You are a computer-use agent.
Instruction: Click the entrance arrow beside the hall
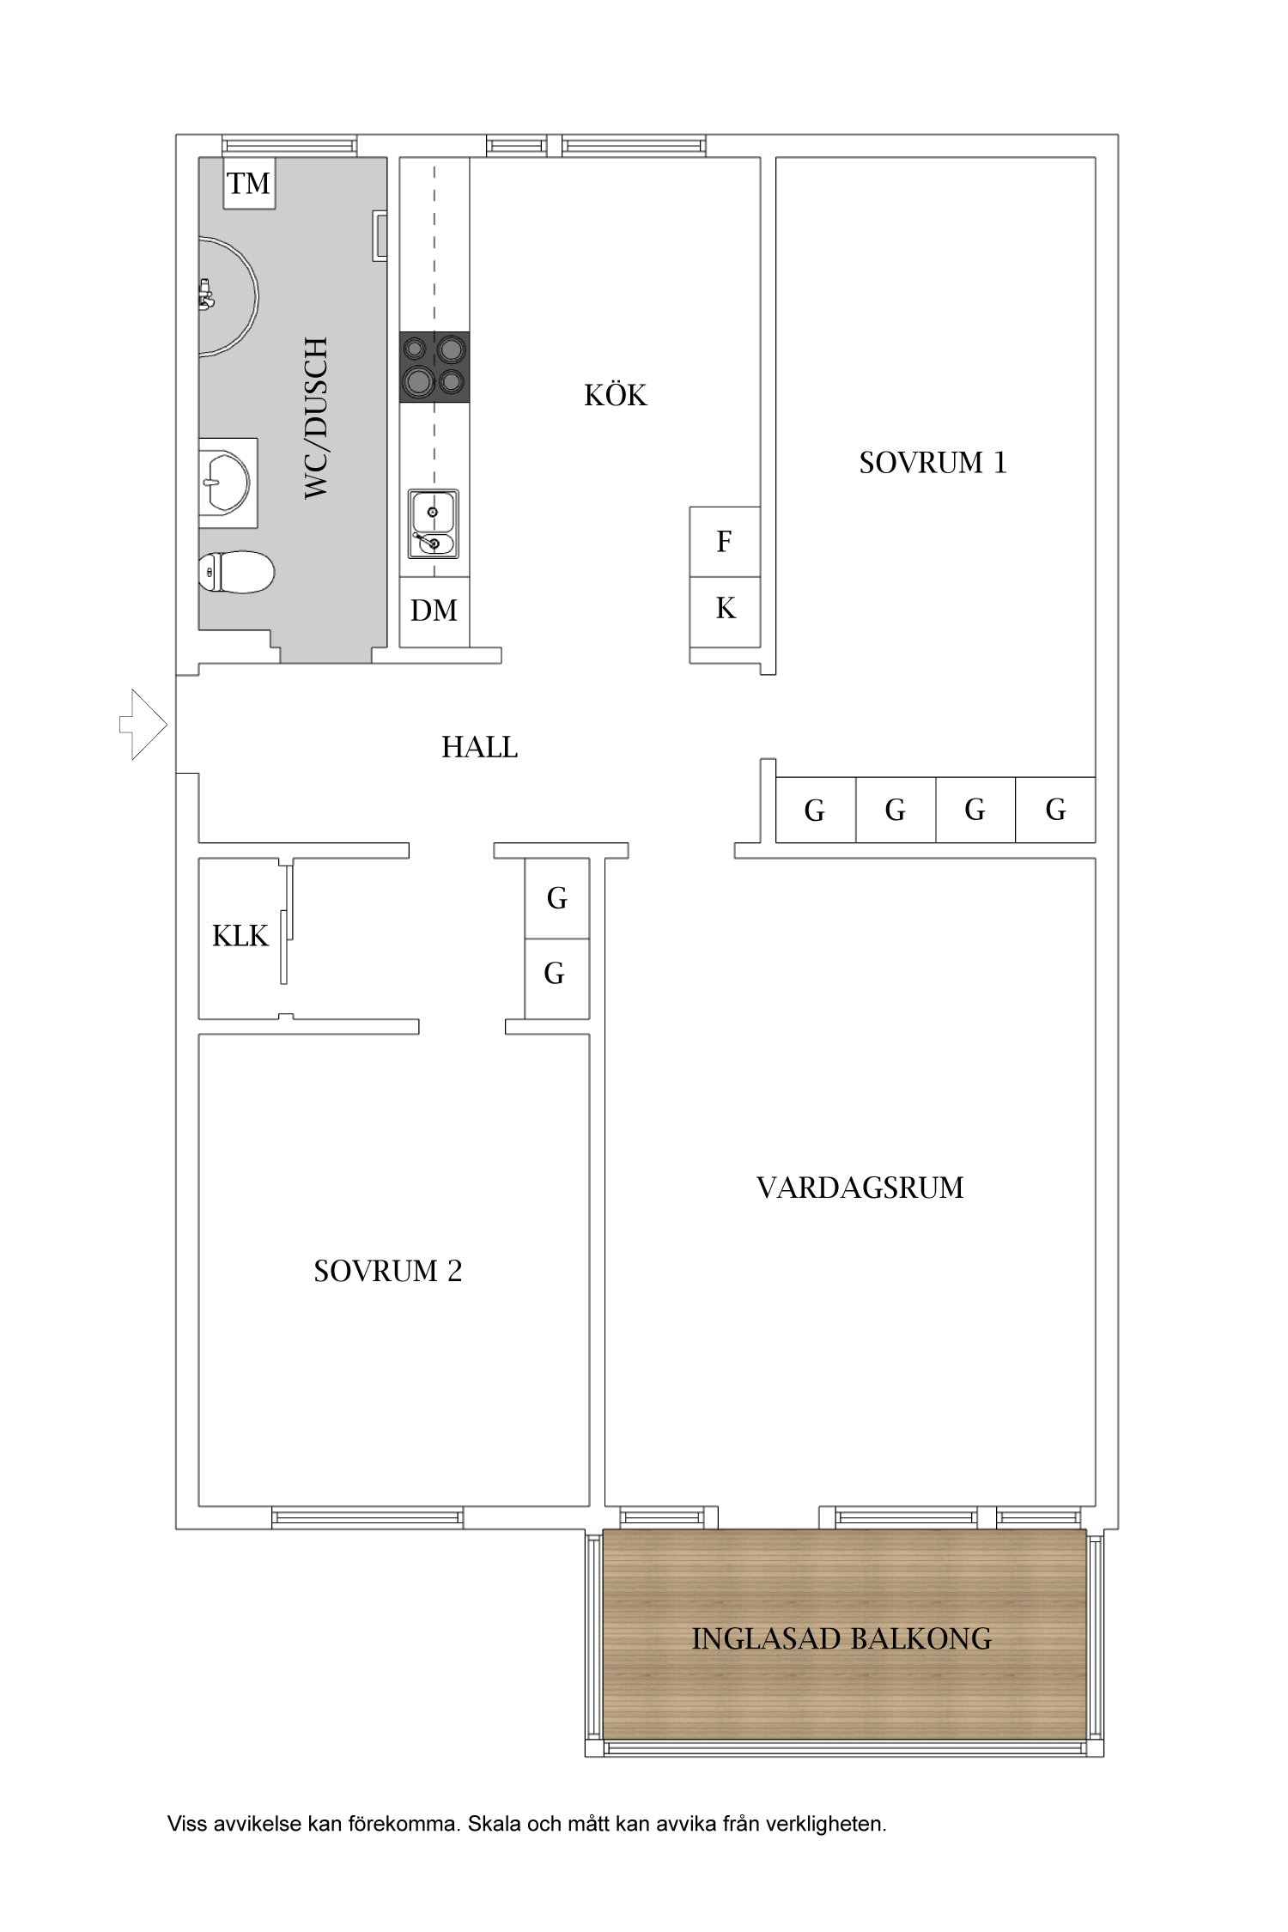pyautogui.click(x=143, y=724)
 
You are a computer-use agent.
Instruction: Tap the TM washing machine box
pyautogui.click(x=249, y=183)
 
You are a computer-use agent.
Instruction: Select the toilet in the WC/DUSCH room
pyautogui.click(x=235, y=572)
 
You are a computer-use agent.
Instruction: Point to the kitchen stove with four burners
pyautogui.click(x=434, y=367)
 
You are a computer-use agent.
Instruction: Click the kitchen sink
pyautogui.click(x=434, y=522)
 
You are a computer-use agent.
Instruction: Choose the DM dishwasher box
pyautogui.click(x=434, y=611)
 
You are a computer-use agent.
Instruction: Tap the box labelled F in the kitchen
pyautogui.click(x=725, y=542)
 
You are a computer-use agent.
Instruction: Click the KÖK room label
pyautogui.click(x=616, y=394)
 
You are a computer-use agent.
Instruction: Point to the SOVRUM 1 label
pyautogui.click(x=933, y=463)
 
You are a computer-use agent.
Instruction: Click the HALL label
pyautogui.click(x=480, y=747)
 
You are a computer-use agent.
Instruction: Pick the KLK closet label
pyautogui.click(x=240, y=936)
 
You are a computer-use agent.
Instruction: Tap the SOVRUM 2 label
pyautogui.click(x=388, y=1271)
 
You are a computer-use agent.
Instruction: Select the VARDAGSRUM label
pyautogui.click(x=860, y=1188)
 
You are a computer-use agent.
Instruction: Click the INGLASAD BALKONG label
pyautogui.click(x=841, y=1638)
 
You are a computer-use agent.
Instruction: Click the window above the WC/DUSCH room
pyautogui.click(x=289, y=145)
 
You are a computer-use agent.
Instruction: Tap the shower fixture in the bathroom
pyautogui.click(x=228, y=295)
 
